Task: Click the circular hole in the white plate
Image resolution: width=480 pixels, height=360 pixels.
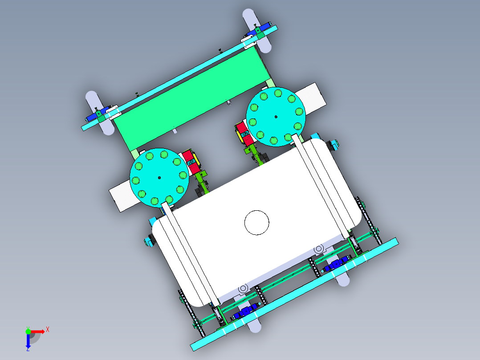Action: [257, 223]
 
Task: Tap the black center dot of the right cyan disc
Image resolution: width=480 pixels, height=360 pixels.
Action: [276, 117]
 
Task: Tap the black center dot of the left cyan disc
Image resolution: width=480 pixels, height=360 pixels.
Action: [159, 178]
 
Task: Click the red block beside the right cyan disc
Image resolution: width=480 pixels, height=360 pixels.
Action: [245, 134]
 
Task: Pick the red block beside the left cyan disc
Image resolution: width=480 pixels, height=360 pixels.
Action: [191, 162]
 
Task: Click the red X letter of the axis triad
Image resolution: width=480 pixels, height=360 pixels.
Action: [48, 330]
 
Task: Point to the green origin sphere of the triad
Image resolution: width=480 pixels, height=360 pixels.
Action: [28, 331]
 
